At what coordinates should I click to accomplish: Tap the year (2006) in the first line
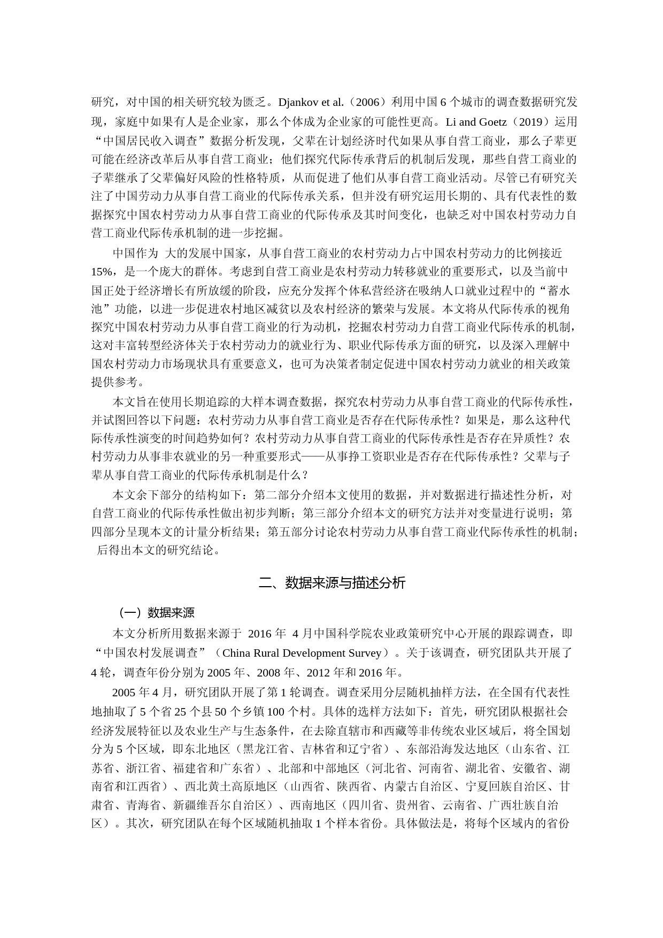click(368, 102)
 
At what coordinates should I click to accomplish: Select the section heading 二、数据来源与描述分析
click(331, 583)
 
